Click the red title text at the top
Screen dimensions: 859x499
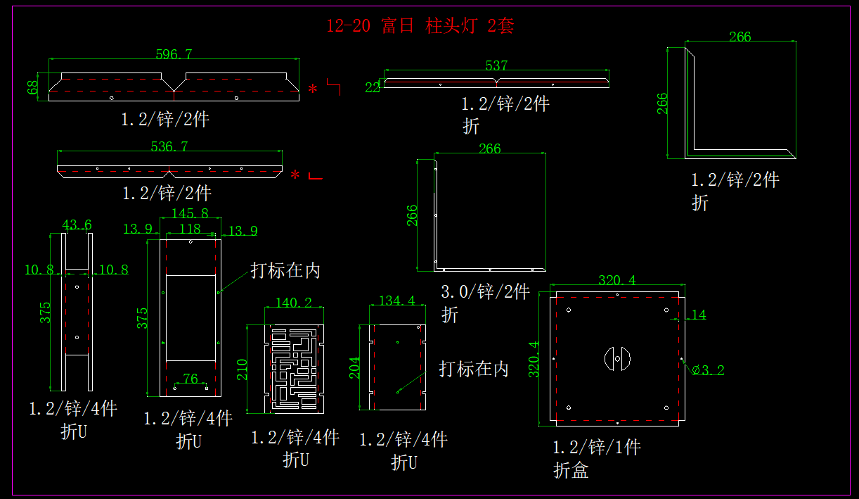tap(420, 26)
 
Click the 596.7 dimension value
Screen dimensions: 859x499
tap(174, 54)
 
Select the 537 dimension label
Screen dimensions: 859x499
tap(496, 65)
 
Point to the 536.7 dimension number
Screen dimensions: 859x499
tap(169, 146)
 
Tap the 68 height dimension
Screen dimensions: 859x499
tap(32, 87)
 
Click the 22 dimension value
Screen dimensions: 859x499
tap(372, 87)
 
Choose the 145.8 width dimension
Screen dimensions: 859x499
tap(190, 213)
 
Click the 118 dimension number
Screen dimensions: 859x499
tap(190, 229)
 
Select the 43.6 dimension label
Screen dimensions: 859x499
tap(77, 225)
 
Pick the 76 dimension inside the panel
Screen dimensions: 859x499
tap(190, 379)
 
